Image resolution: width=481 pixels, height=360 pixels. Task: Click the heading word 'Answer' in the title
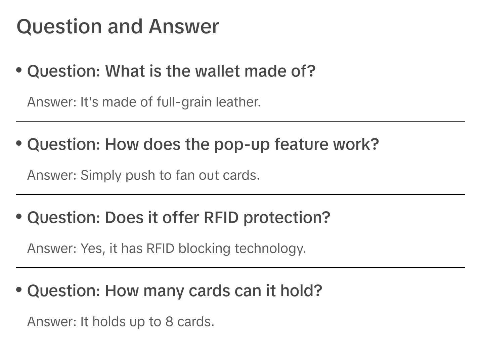point(184,27)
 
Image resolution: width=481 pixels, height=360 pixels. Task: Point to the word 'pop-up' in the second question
point(242,144)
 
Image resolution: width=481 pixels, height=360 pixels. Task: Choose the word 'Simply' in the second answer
point(101,175)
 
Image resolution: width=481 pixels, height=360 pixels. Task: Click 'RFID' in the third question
point(221,218)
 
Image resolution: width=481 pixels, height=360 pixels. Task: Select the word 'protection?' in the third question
point(287,218)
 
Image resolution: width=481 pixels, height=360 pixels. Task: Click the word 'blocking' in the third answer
point(205,249)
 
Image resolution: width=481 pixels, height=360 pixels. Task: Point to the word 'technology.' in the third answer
point(270,249)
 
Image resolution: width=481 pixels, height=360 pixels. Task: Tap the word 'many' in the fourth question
point(164,291)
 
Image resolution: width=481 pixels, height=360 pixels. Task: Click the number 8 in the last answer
point(169,322)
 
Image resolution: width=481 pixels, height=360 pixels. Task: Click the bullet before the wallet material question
point(19,70)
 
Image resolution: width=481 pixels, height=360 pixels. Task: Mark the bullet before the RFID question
point(19,216)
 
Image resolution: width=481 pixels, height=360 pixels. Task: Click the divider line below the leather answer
point(240,121)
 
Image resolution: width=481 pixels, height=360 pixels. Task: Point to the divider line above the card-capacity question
point(240,268)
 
